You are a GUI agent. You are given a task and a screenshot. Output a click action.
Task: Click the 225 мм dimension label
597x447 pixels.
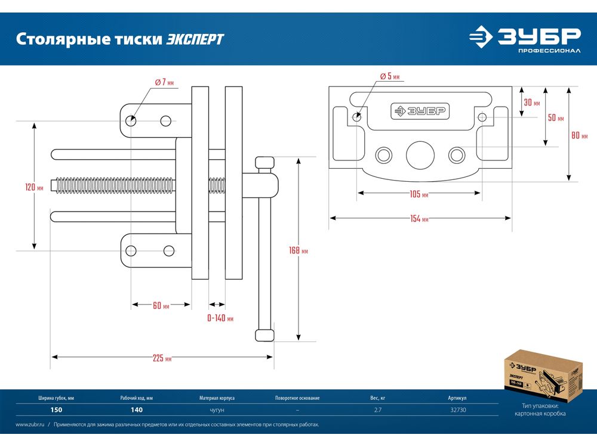click(x=162, y=358)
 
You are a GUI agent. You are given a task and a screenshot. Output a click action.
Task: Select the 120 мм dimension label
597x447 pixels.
click(x=34, y=187)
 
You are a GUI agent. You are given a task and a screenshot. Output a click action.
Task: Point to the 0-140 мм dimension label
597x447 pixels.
click(x=220, y=319)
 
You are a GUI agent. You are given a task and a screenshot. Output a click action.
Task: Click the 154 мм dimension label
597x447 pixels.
click(x=420, y=219)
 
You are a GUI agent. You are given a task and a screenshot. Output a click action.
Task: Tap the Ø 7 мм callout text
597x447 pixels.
click(x=164, y=82)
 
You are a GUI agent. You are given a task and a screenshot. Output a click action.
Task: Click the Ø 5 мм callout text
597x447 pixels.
click(x=389, y=76)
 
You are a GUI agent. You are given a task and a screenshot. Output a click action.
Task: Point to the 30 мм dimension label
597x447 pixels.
click(x=531, y=103)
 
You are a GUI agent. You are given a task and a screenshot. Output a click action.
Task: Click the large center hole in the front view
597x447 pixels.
click(x=420, y=155)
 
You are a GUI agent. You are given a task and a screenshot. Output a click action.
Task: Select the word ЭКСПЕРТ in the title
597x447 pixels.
click(x=195, y=39)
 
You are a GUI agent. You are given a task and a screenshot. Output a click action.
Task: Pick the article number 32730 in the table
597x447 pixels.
click(x=461, y=409)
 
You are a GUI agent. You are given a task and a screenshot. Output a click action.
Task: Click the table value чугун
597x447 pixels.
click(x=217, y=409)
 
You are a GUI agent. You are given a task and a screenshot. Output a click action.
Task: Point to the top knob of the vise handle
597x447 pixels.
click(x=264, y=163)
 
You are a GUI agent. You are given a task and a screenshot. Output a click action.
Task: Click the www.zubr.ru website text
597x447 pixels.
click(x=31, y=425)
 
